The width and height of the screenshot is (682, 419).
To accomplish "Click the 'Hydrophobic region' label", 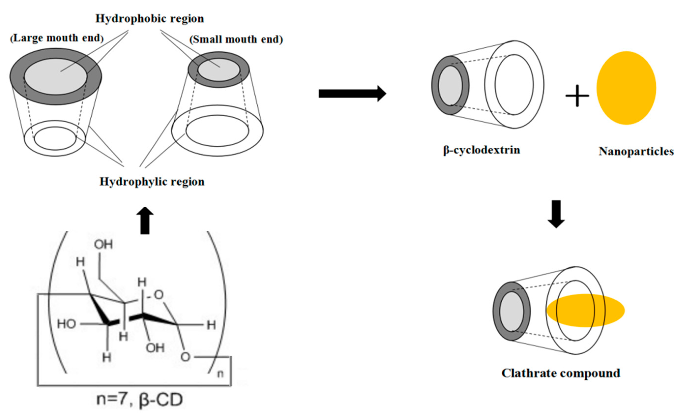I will point(149,19).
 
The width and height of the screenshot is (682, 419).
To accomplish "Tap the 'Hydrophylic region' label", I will point(152,182).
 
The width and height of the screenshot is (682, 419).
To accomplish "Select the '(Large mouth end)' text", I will point(57,38).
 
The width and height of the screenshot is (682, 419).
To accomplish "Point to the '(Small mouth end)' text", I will point(236,39).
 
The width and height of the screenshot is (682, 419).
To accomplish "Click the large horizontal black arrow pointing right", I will point(352,94).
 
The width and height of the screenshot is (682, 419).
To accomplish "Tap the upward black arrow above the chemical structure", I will point(145,221).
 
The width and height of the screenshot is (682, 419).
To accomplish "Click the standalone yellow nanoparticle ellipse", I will point(626,88).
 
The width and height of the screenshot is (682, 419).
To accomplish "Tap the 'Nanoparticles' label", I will point(636,151).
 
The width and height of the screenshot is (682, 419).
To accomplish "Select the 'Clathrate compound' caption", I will point(561,373).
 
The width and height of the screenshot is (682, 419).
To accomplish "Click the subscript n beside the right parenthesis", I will point(220,374).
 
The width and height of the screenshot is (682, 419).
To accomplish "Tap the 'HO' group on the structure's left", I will point(67,324).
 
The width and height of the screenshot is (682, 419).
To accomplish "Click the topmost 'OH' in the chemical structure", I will point(103,244).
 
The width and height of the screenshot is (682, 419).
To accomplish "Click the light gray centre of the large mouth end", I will point(56,76).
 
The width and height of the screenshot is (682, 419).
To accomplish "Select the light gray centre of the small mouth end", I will point(218,69).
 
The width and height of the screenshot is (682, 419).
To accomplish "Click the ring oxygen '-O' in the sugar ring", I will point(157,295).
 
